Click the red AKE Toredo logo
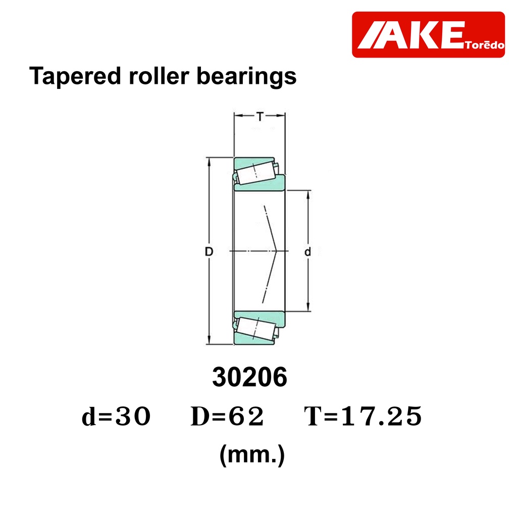[x=428, y=35]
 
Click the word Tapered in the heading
[x=75, y=76]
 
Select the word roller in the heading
[x=159, y=76]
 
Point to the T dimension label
[x=260, y=117]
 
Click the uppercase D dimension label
[x=209, y=251]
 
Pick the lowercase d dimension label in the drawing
[x=307, y=251]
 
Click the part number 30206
[x=249, y=377]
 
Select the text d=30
[x=116, y=416]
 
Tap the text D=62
[x=227, y=416]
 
